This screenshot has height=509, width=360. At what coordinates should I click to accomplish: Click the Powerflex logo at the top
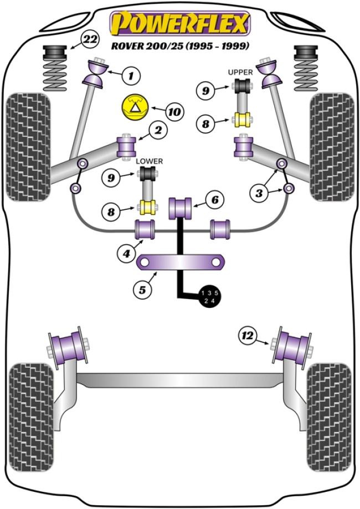click(180, 23)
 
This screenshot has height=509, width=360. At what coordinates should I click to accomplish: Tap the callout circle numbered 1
click(131, 75)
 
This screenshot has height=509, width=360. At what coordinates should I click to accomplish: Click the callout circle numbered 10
click(174, 112)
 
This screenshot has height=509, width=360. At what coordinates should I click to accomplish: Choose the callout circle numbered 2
click(158, 131)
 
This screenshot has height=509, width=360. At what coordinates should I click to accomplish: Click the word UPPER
click(241, 73)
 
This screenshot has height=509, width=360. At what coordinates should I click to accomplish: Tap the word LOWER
click(150, 161)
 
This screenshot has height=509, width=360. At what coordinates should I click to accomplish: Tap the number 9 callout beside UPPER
click(205, 90)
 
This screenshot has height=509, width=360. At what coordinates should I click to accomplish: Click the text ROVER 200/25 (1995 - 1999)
click(180, 45)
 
